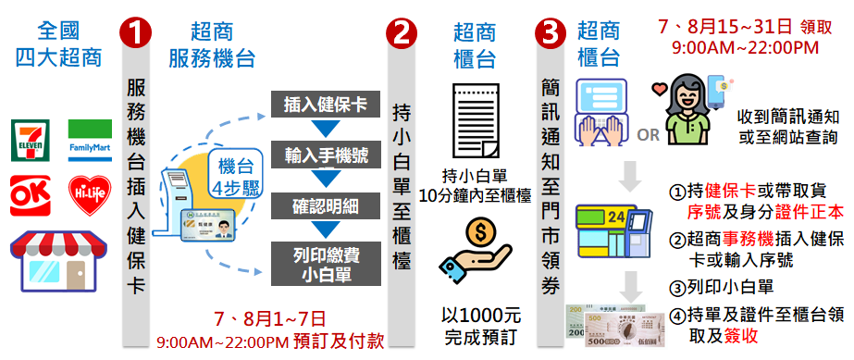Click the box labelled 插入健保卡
pyautogui.click(x=325, y=103)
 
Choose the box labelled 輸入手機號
pyautogui.click(x=325, y=153)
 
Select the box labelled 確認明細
pyautogui.click(x=325, y=203)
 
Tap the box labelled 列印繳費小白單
pyautogui.click(x=325, y=259)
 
